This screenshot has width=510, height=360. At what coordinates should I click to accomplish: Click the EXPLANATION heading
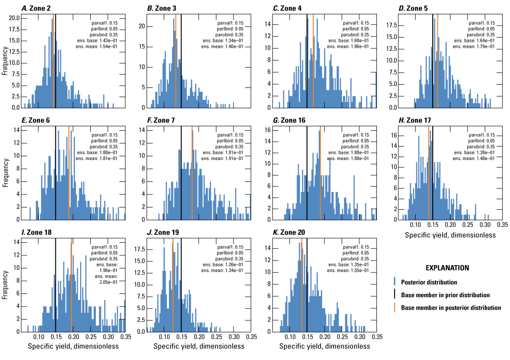tap(447, 268)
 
